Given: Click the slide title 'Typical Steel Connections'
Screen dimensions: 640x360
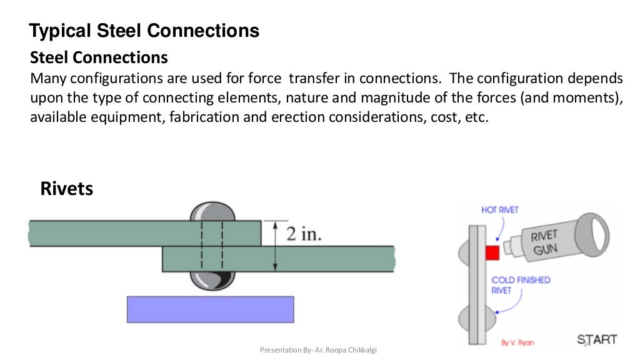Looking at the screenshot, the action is tap(144, 31).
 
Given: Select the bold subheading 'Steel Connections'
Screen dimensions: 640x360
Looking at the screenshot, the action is tap(99, 58).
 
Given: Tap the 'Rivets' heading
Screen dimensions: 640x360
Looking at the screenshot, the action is tap(66, 188).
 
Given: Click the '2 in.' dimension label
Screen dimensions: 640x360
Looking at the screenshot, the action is tap(304, 233).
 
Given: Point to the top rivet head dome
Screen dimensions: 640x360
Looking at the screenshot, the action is tap(212, 211).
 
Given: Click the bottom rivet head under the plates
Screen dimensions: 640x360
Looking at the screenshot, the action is tap(212, 281).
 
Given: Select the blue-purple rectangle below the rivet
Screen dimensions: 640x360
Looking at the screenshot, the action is tap(210, 309).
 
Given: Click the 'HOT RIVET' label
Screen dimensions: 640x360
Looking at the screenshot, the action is tap(499, 210).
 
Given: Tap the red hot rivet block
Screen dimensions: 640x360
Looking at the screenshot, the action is tap(492, 252).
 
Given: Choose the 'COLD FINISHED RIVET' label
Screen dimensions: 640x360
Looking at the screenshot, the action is tap(521, 286).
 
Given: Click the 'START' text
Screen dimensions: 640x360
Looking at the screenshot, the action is tap(597, 339).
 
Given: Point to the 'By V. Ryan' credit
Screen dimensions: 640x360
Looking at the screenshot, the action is tap(517, 342).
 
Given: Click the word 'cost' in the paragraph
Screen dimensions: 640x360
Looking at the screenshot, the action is tap(426, 117).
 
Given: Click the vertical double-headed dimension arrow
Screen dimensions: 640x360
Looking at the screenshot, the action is tap(275, 245).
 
